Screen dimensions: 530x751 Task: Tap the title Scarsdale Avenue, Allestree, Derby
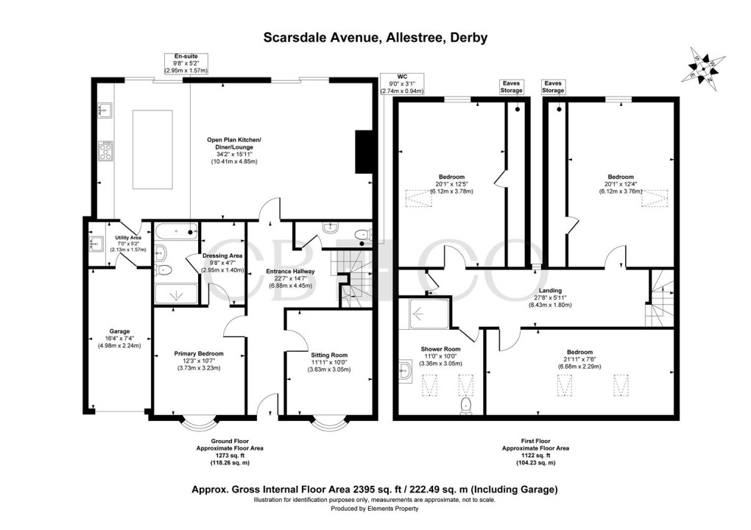[375, 36]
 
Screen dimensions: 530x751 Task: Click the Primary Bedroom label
[199, 354]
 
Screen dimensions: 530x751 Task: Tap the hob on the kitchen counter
[105, 151]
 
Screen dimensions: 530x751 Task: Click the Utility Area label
[130, 239]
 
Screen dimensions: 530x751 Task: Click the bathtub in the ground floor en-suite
[175, 233]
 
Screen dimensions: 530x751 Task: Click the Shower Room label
[440, 349]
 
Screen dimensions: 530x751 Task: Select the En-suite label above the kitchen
[187, 56]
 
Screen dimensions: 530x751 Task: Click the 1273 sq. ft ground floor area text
[229, 456]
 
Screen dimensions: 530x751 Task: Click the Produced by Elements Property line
[375, 509]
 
